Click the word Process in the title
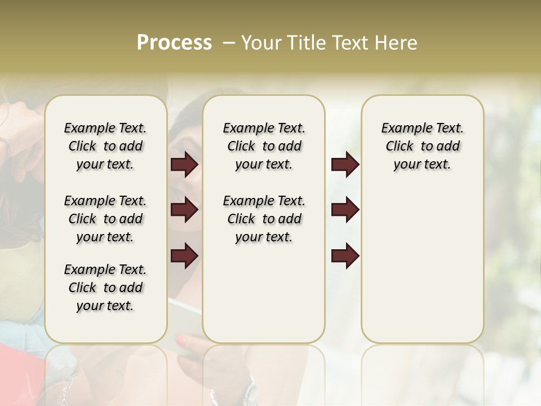174,43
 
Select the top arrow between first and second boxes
184,164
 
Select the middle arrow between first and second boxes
184,210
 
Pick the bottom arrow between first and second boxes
184,256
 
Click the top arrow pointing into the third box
345,164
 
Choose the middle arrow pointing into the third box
345,210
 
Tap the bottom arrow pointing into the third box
345,256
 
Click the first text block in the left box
105,146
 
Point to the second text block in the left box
105,219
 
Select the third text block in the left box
105,288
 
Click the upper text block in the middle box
264,146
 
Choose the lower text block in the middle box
264,219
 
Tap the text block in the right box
422,146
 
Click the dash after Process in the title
229,43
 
